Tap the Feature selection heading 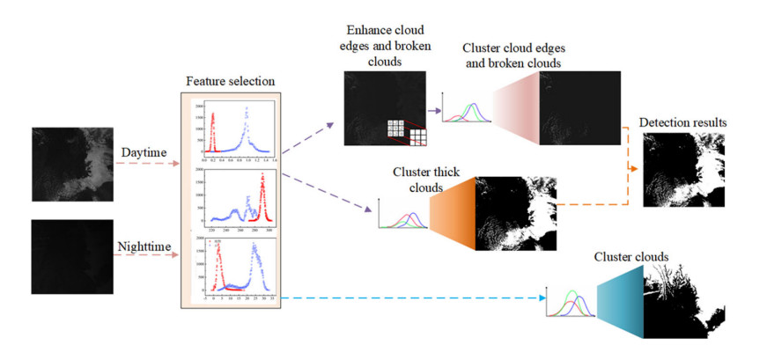click(231, 81)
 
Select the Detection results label click(682, 121)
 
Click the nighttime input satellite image click(72, 258)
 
